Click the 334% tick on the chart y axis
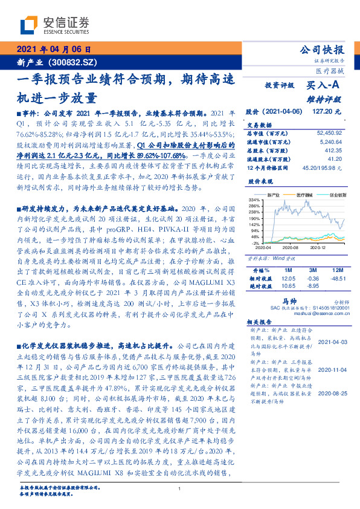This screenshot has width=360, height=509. tap(253, 199)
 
